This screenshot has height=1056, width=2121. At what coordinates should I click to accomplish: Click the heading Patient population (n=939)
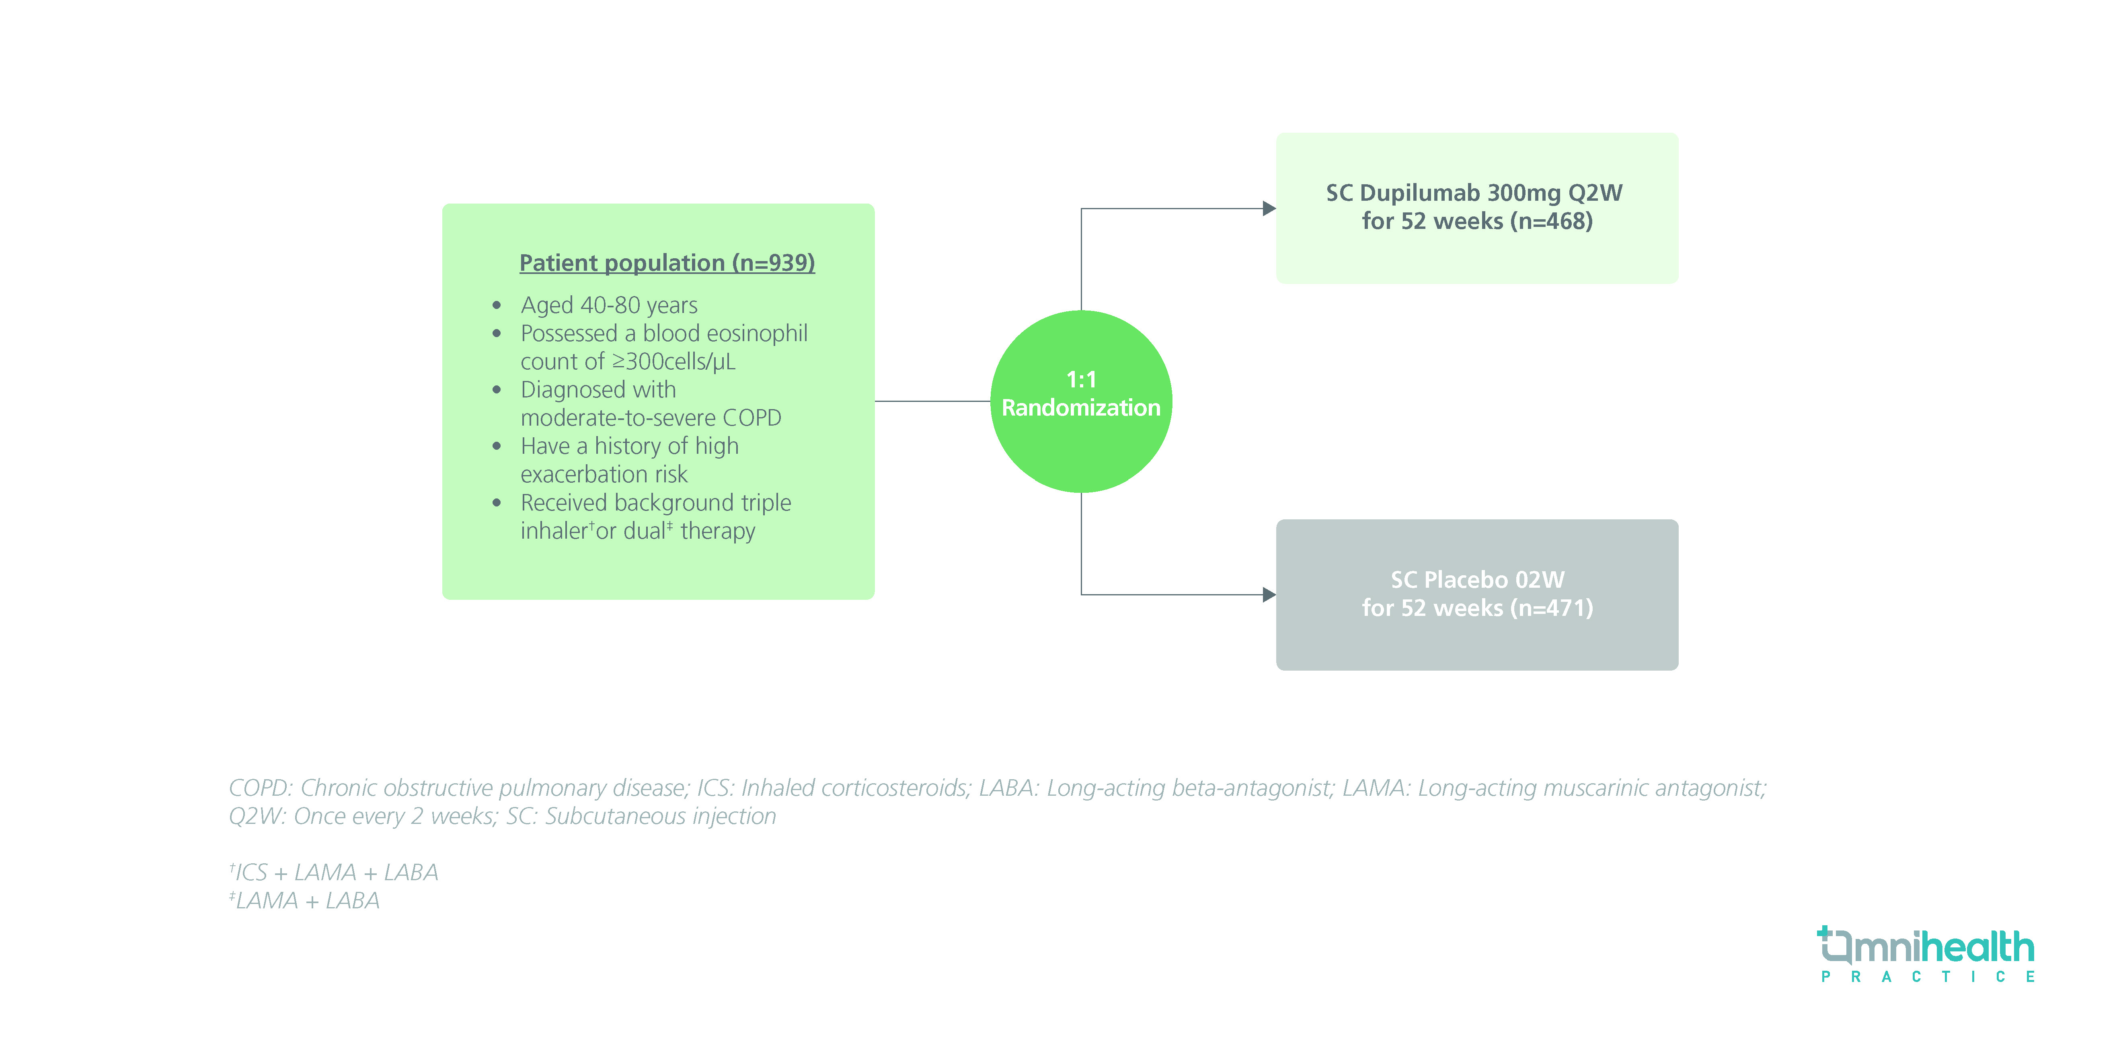[x=667, y=263]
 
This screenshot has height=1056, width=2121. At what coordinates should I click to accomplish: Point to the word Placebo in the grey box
[x=1466, y=580]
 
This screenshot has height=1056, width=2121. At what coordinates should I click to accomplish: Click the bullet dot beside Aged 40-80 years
[x=497, y=306]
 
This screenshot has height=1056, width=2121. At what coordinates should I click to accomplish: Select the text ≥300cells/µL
[x=673, y=362]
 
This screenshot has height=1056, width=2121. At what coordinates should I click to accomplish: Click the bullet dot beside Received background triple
[x=497, y=502]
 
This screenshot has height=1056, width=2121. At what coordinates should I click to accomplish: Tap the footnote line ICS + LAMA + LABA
[x=336, y=872]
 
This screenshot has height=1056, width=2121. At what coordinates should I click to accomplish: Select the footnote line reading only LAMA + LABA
[x=306, y=900]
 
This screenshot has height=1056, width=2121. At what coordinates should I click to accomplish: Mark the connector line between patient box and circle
[x=932, y=401]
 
